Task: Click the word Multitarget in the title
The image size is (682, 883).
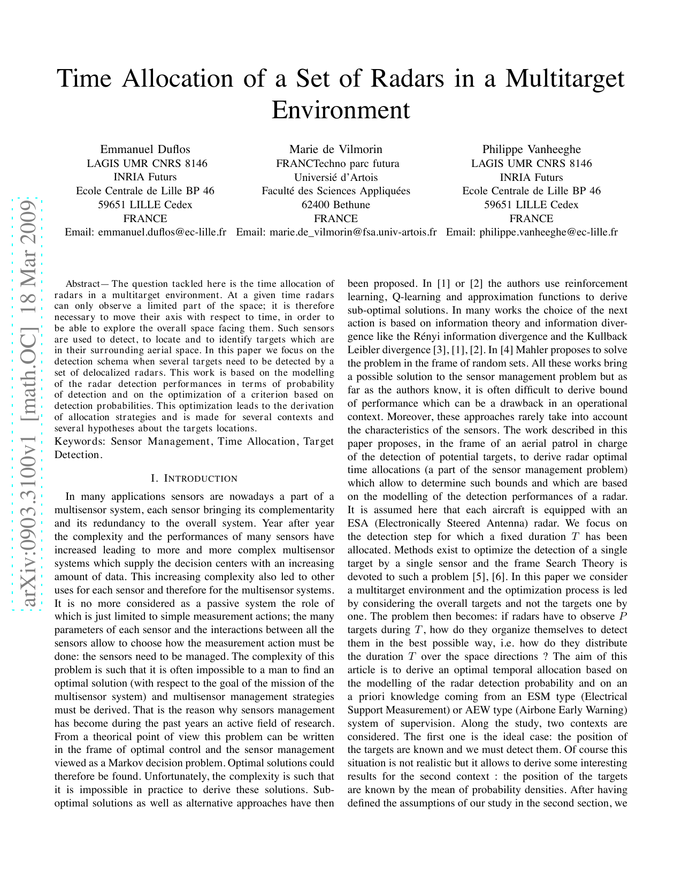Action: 565,79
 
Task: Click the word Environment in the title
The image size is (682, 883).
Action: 341,110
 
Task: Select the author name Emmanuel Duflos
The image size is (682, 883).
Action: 145,149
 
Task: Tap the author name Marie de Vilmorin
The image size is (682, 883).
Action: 336,149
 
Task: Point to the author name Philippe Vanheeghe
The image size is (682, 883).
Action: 531,149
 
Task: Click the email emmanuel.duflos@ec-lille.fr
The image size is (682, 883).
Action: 162,232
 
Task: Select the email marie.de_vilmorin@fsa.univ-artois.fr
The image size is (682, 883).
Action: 353,232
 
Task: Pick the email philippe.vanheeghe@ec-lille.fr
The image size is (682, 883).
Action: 548,232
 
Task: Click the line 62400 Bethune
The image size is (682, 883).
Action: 336,204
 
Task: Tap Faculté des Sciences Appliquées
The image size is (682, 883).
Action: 336,191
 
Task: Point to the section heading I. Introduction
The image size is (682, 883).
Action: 194,478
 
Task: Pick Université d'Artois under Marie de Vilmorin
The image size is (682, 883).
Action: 336,177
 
